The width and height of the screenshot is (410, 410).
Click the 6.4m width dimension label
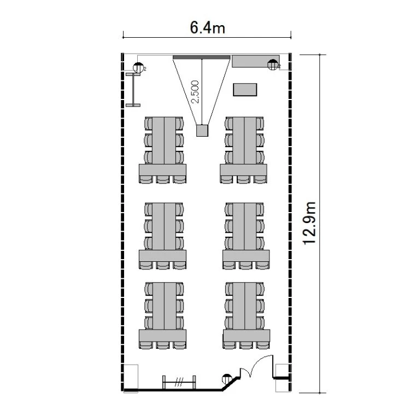pos(207,28)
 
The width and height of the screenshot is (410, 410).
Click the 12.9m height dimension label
pos(309,223)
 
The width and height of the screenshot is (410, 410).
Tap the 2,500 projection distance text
pos(195,92)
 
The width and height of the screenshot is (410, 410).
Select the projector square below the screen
pos(202,131)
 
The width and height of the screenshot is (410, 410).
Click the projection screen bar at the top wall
pos(201,57)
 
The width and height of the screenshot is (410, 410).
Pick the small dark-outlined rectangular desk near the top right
pos(245,90)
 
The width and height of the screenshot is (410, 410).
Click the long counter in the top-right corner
pos(256,61)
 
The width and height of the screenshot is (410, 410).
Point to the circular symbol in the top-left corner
pos(138,68)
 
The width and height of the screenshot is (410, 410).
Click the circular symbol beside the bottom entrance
pos(227,379)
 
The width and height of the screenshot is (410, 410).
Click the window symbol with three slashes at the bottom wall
pos(179,383)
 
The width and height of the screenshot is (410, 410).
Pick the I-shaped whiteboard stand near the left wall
pos(133,90)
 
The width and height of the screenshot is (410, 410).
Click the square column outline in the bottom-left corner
pos(131,378)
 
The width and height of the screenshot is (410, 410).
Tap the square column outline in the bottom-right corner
pos(283,378)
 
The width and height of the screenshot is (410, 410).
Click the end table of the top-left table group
pos(162,169)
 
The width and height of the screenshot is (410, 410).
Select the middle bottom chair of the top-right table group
pos(243,179)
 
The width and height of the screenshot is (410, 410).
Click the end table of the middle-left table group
pos(162,256)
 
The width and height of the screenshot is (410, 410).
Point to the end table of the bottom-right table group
pos(247,336)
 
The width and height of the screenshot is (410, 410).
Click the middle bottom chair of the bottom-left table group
pos(163,345)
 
